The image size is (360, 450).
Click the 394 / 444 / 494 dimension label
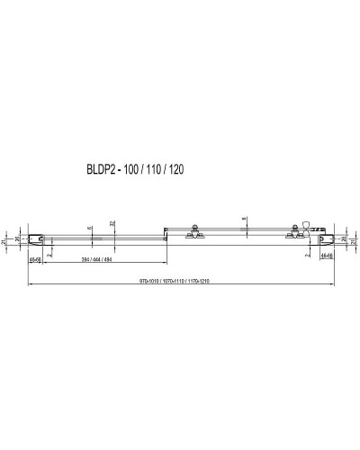click(x=94, y=259)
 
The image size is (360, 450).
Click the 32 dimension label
click(x=112, y=223)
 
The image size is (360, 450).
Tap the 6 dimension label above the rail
click(x=90, y=228)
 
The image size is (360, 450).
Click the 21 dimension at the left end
click(x=4, y=240)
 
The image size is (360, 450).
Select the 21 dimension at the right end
click(x=355, y=240)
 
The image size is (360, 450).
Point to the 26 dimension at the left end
click(x=19, y=240)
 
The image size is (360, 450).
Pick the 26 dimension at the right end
click(x=342, y=240)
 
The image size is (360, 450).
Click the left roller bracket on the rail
click(x=191, y=235)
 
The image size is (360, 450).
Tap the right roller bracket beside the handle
click(x=295, y=235)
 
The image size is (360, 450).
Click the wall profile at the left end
click(x=36, y=239)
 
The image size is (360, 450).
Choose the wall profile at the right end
click(x=327, y=239)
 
